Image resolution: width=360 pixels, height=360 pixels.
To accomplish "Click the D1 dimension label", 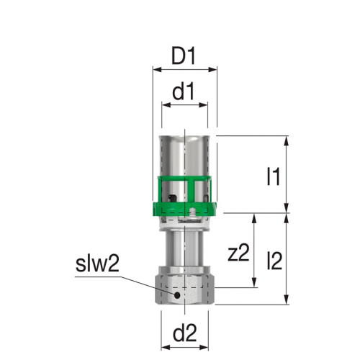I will (x=184, y=55).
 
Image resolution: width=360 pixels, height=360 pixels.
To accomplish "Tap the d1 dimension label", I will (x=184, y=91).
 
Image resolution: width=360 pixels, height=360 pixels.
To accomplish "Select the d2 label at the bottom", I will (x=184, y=333).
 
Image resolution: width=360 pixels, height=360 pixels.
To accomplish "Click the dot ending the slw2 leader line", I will (x=176, y=294).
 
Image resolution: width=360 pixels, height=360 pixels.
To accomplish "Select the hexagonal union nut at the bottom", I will (x=184, y=287).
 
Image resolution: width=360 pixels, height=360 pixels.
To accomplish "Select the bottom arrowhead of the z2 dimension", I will (x=253, y=284).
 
